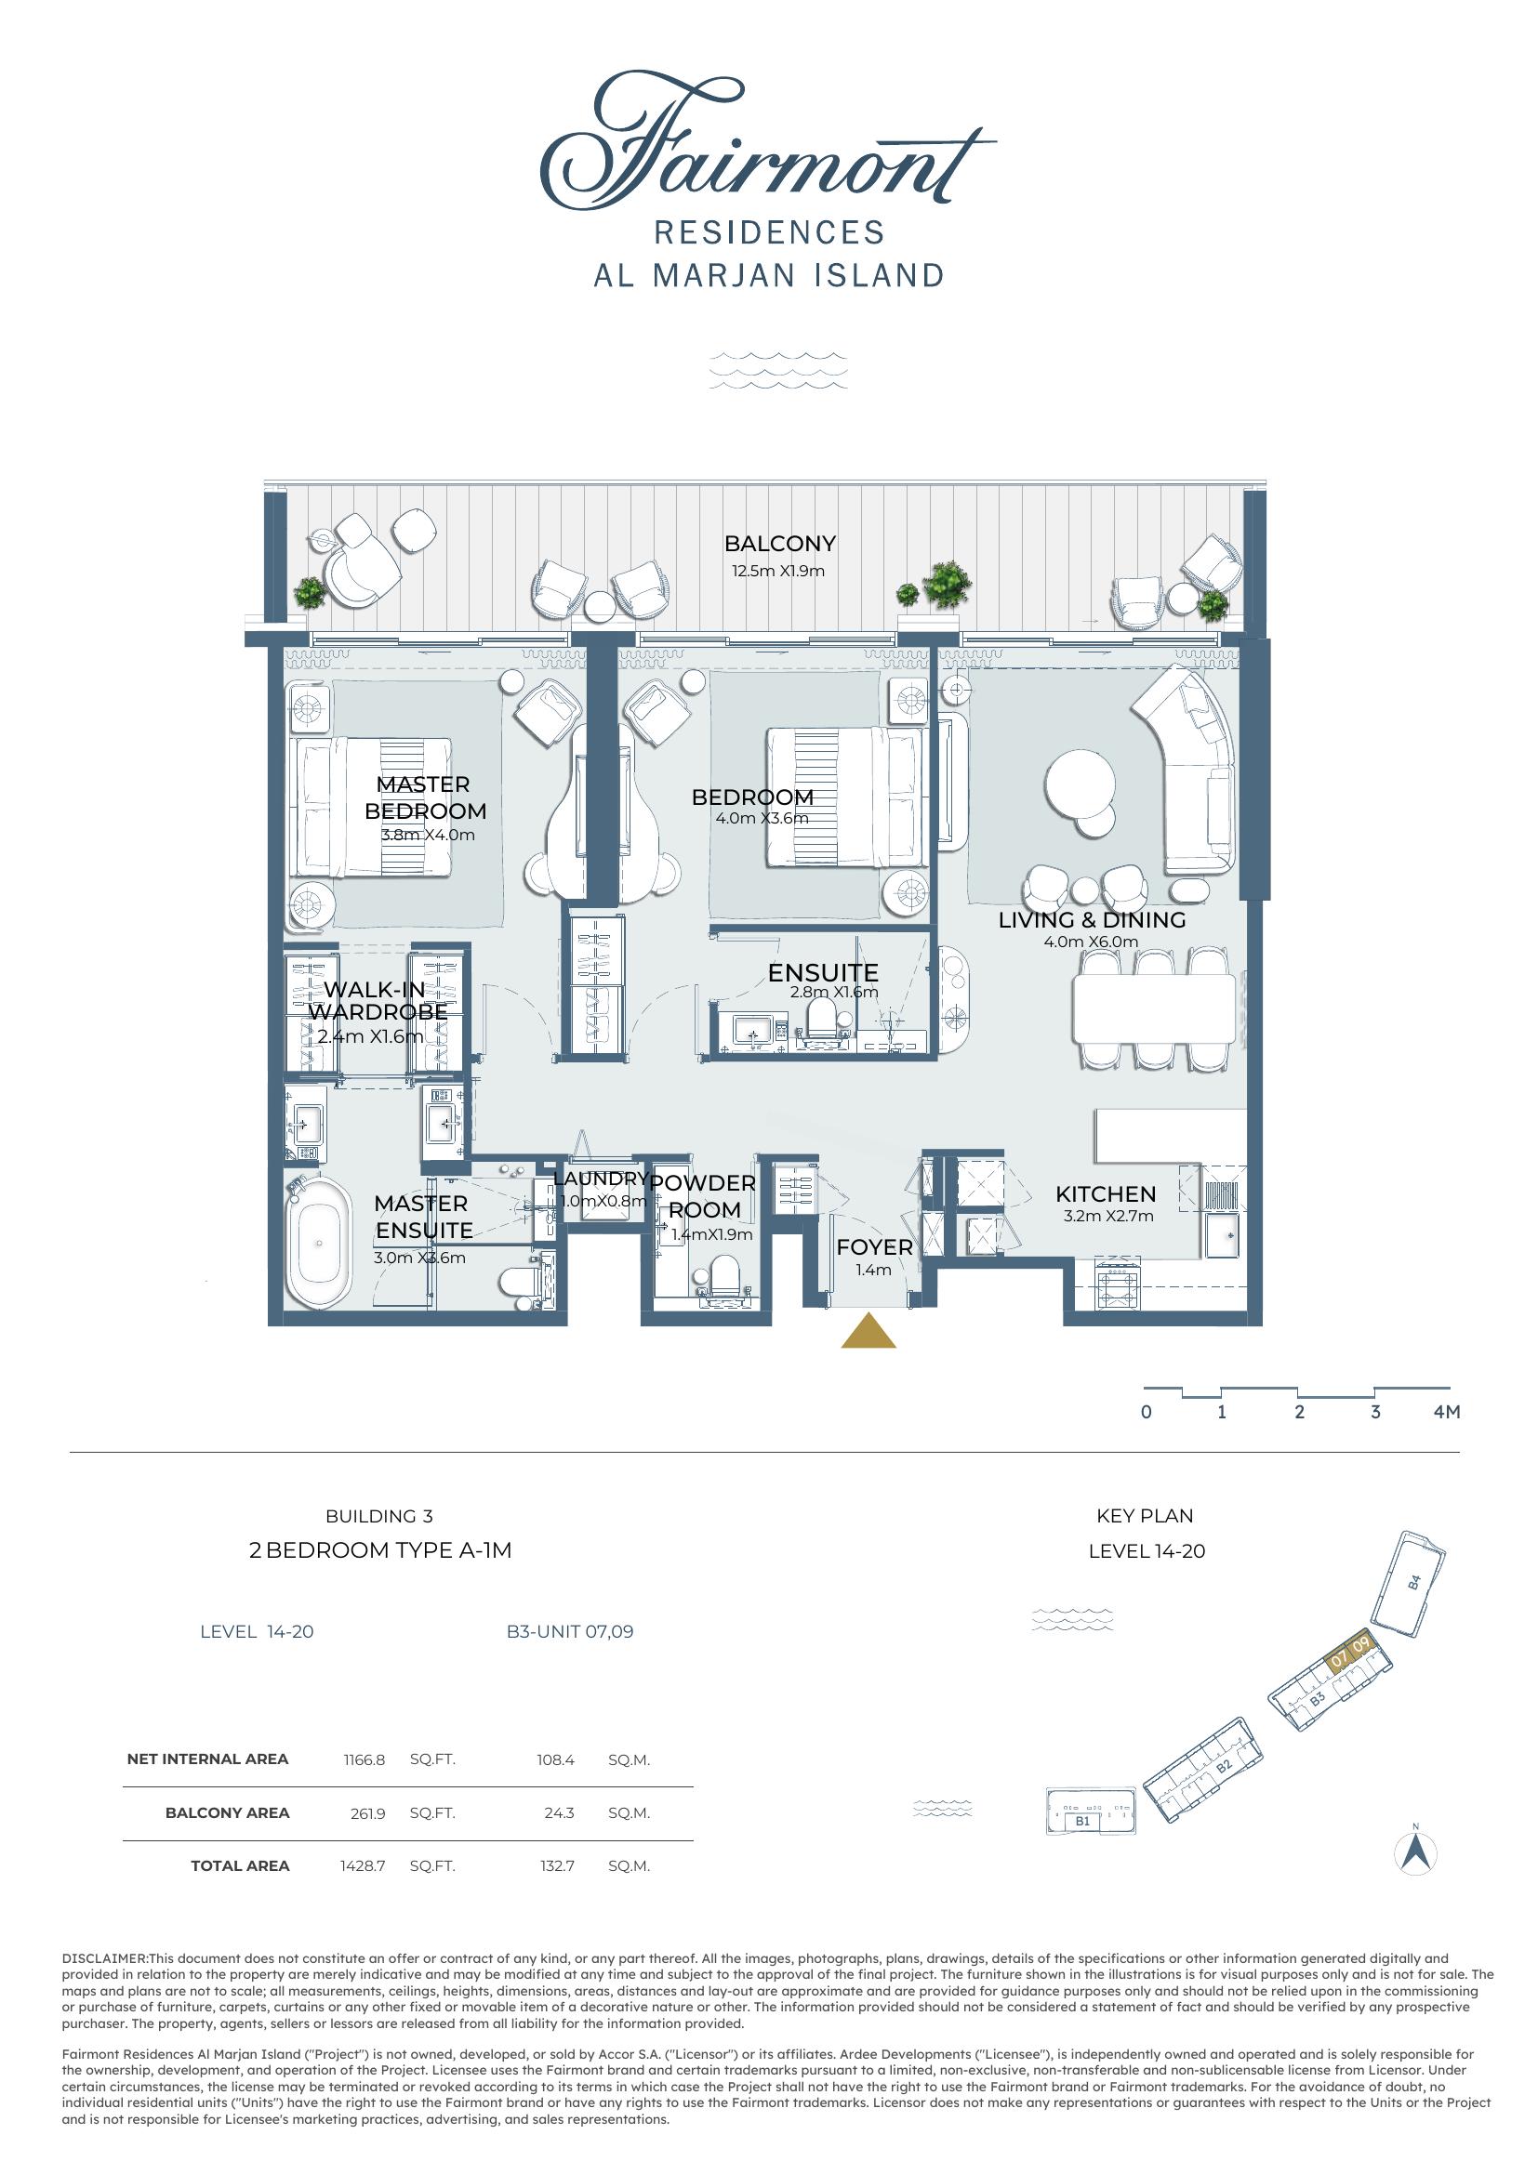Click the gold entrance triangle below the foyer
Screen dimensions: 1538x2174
[x=868, y=1329]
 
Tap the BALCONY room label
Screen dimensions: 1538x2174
[x=779, y=544]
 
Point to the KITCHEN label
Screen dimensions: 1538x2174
[x=1106, y=1194]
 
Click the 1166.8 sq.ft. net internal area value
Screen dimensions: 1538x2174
[x=364, y=1760]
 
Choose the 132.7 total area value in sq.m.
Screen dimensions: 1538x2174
[x=558, y=1866]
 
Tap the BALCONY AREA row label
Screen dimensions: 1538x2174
[x=227, y=1812]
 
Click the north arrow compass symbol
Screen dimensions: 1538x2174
[x=1416, y=1852]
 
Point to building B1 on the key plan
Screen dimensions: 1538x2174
[x=1091, y=1812]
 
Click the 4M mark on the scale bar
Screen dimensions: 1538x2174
[x=1446, y=1412]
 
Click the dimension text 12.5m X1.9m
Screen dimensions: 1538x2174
[x=777, y=571]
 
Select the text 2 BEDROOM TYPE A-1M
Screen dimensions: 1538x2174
[x=379, y=1550]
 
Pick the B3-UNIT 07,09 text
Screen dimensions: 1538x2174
[x=570, y=1631]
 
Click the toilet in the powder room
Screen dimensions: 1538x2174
[x=725, y=1278]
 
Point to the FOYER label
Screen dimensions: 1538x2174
[x=874, y=1247]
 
